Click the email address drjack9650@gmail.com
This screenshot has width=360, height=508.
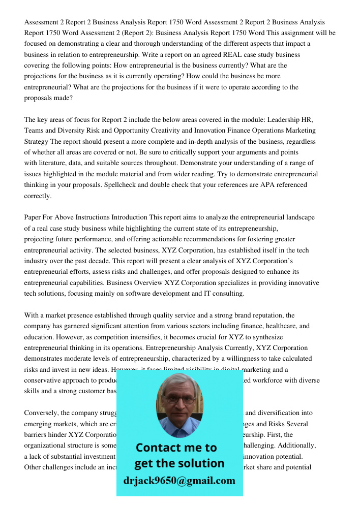(x=179, y=481)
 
